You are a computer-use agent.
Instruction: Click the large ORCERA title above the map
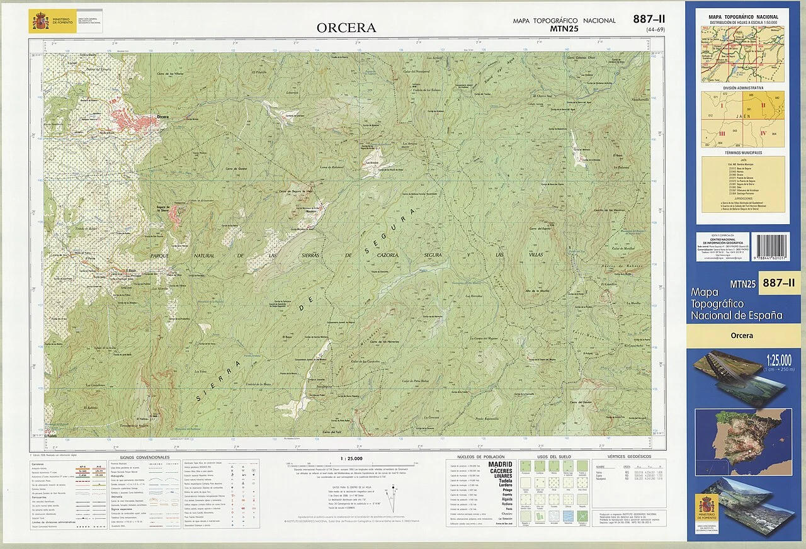pos(346,28)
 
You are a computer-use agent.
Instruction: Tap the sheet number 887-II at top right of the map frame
pos(649,20)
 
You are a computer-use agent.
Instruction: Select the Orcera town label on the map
pos(162,117)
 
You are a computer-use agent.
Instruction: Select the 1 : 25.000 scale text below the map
pos(351,458)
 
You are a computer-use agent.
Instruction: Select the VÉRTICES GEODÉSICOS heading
pos(629,456)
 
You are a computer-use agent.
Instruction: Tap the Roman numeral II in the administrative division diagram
pos(763,105)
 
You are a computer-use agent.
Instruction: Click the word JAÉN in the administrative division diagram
pos(743,116)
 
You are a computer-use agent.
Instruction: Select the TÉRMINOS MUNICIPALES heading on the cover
pos(743,152)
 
